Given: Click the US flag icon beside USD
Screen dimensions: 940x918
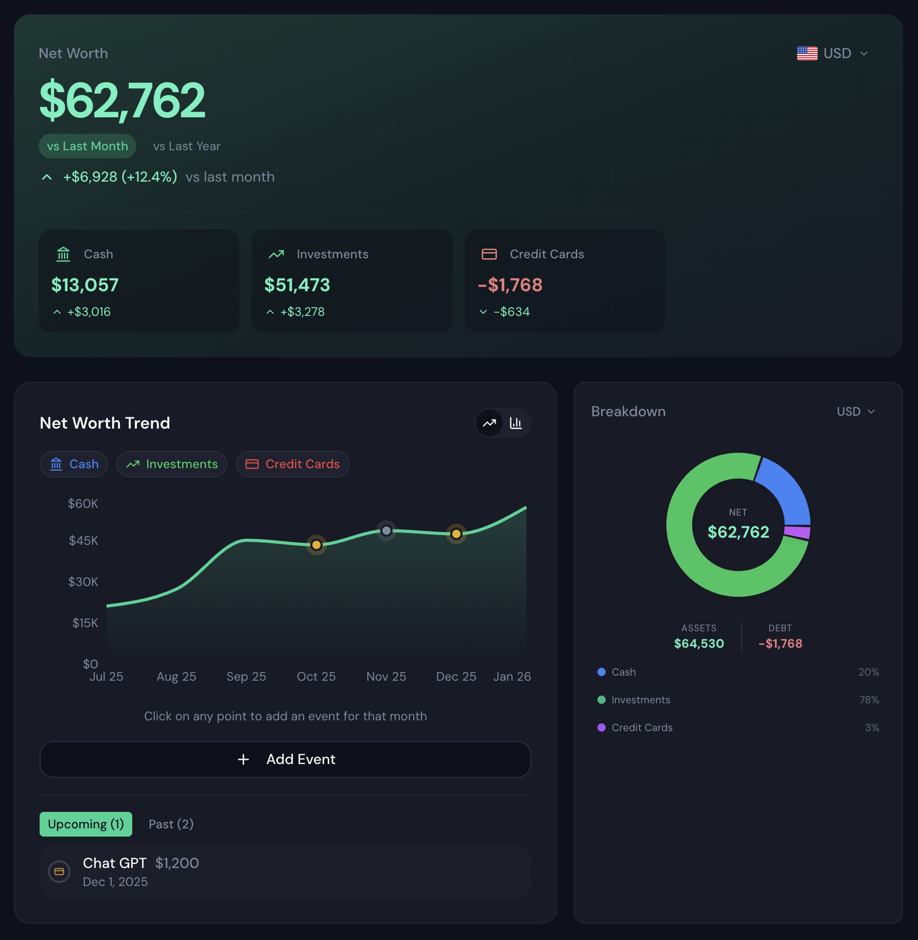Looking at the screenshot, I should coord(806,54).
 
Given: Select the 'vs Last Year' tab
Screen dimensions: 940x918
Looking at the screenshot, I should coord(186,146).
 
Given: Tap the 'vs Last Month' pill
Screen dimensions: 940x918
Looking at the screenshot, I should coord(87,146).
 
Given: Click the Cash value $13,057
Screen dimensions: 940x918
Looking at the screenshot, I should coord(85,285).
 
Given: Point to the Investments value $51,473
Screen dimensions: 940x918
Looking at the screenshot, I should coord(297,285).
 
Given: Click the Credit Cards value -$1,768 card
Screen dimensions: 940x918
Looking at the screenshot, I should coord(510,285).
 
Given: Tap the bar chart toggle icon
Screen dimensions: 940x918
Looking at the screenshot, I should coord(516,423).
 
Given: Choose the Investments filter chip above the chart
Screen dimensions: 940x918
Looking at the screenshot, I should coord(172,464).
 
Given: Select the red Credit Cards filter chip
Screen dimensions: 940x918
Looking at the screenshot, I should coord(292,464).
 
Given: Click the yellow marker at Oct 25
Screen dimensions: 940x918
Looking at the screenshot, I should coord(316,545).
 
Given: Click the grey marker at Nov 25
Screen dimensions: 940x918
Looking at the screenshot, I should coord(386,530).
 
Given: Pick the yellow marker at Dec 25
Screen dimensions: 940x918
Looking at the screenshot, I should coord(456,534).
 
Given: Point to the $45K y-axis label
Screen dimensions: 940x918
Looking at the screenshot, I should coord(83,541).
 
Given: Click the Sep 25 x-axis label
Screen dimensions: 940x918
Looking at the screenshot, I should coord(246,677).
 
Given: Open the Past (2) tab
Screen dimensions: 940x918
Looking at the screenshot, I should coord(171,824).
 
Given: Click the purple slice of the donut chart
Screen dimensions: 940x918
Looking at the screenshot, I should coord(797,532).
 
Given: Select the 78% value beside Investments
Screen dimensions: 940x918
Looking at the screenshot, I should coord(869,700).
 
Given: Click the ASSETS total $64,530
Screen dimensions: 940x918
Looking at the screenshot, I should coord(699,644).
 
